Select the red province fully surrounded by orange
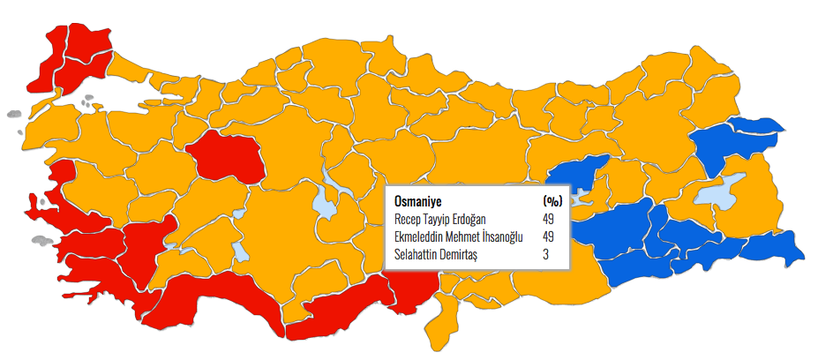tap(224, 156)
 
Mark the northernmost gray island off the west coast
tap(12, 114)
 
